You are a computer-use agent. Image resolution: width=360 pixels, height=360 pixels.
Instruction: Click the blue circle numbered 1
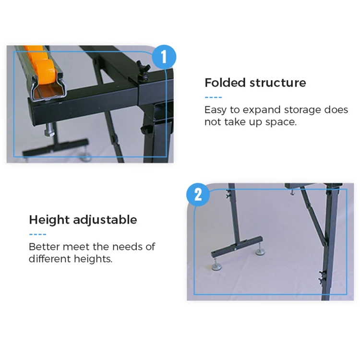coord(164,57)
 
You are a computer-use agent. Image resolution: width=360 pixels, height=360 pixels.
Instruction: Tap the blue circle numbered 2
coord(198,195)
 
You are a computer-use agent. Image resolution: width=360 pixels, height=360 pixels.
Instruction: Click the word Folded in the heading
coord(225,83)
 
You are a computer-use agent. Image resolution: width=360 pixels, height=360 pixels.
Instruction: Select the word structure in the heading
coord(278,83)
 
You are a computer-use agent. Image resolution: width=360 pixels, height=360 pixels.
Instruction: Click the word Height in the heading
coord(49,220)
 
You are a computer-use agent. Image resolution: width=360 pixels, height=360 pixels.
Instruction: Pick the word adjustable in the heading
coord(105,220)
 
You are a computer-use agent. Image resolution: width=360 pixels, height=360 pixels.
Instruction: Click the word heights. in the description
coord(93,259)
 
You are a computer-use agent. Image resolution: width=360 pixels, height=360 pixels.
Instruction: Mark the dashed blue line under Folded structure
coord(213,97)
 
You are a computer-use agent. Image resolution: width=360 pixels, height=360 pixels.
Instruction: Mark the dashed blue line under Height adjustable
coord(38,234)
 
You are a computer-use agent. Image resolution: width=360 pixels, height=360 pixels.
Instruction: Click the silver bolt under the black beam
coord(50,129)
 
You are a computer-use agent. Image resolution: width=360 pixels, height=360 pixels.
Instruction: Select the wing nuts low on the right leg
coord(322,277)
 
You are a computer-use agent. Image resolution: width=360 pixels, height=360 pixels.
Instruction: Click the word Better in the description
coord(44,247)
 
